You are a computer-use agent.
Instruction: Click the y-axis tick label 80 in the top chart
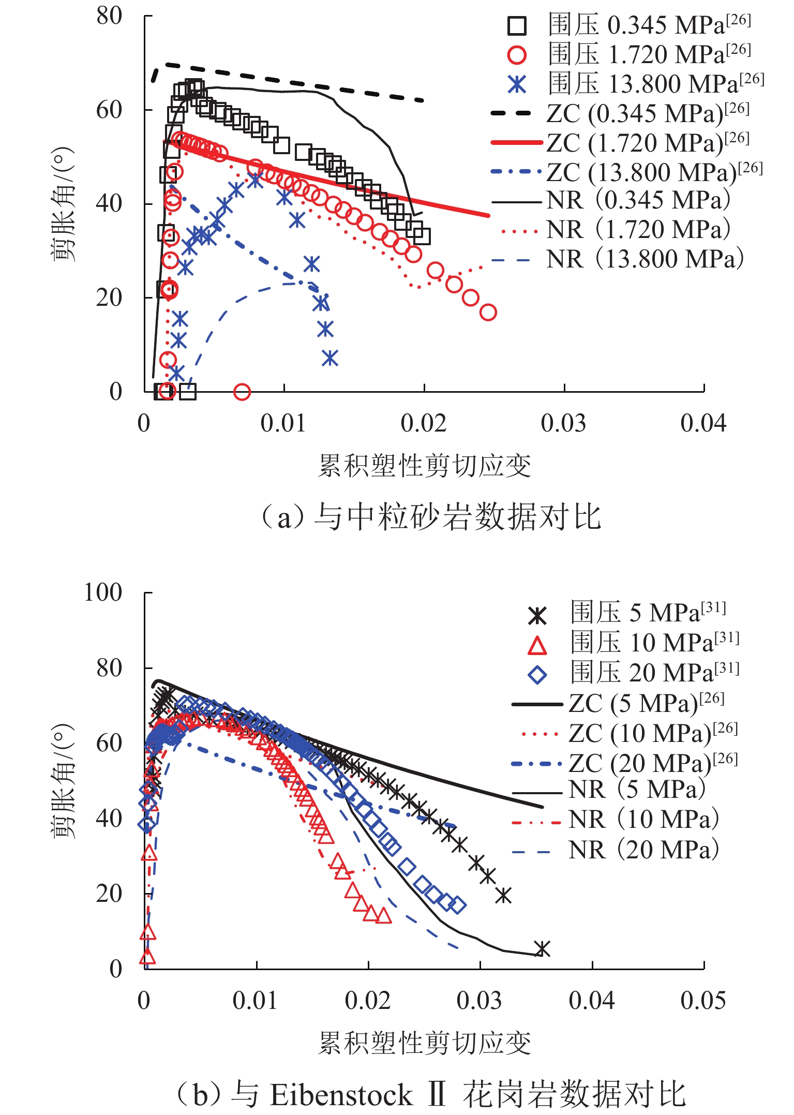[109, 16]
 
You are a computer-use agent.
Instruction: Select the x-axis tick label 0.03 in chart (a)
[563, 424]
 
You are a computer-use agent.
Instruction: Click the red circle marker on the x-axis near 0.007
[242, 392]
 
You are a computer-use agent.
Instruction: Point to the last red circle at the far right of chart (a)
[488, 313]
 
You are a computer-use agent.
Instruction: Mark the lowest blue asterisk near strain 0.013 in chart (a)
[330, 358]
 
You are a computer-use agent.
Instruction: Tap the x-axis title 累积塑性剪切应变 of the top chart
[424, 466]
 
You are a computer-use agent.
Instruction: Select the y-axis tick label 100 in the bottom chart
[103, 592]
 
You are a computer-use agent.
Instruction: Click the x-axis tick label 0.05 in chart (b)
[703, 1001]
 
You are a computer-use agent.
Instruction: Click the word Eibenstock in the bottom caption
[341, 1096]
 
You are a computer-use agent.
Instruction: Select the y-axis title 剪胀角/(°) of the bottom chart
[64, 781]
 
